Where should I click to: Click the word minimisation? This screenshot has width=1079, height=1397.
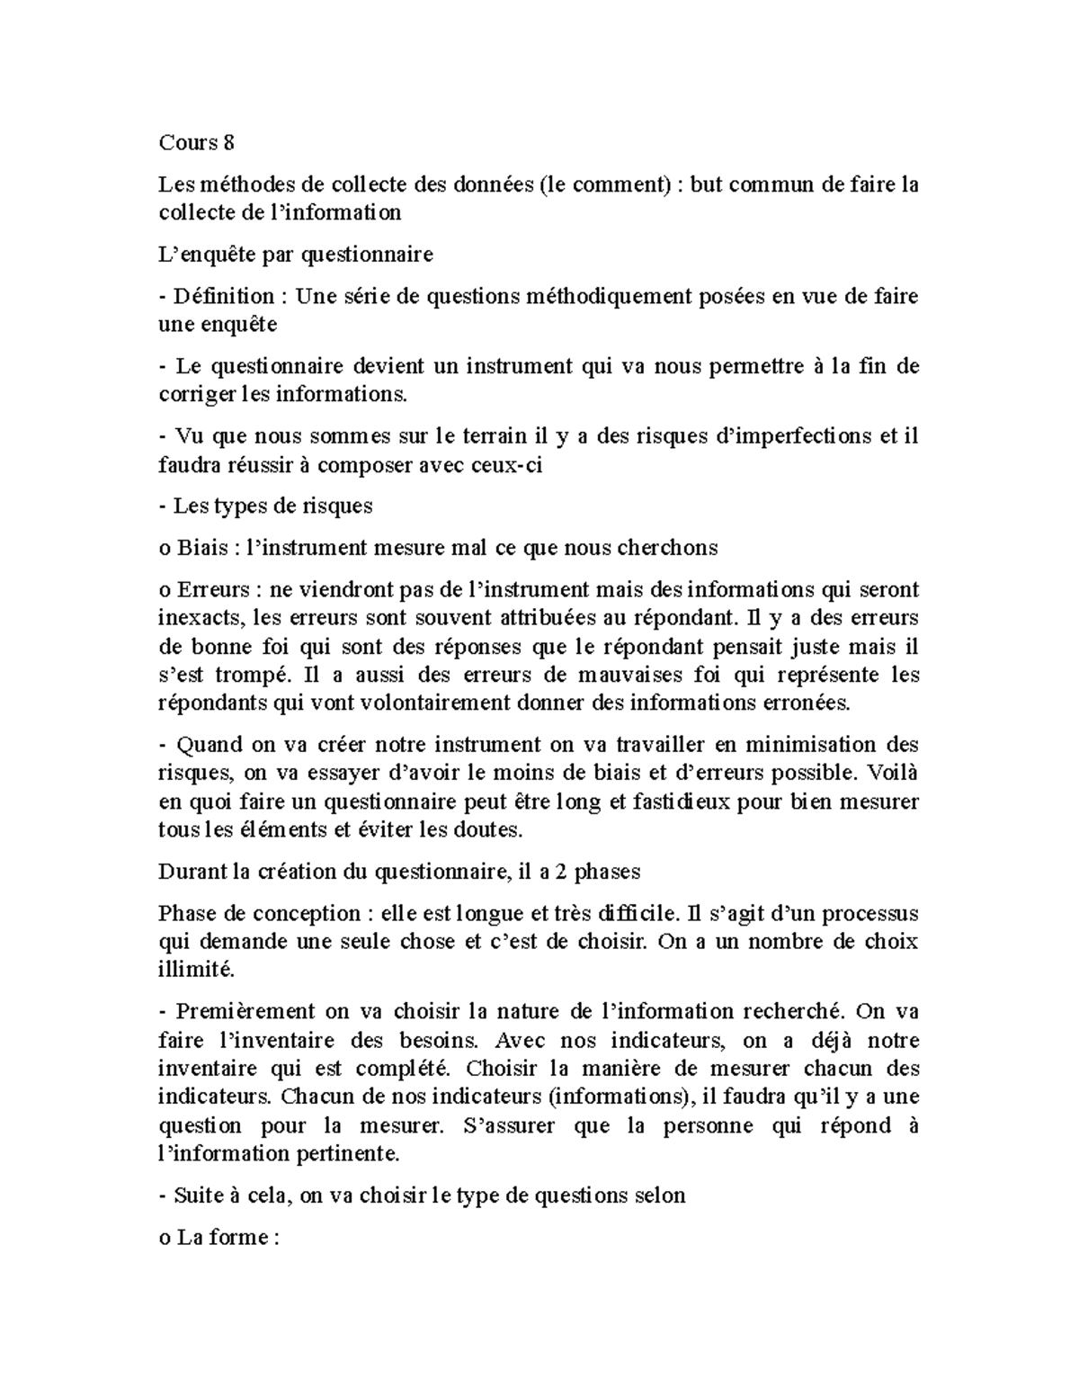tap(797, 745)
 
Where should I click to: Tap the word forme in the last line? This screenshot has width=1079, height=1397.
tap(241, 1237)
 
